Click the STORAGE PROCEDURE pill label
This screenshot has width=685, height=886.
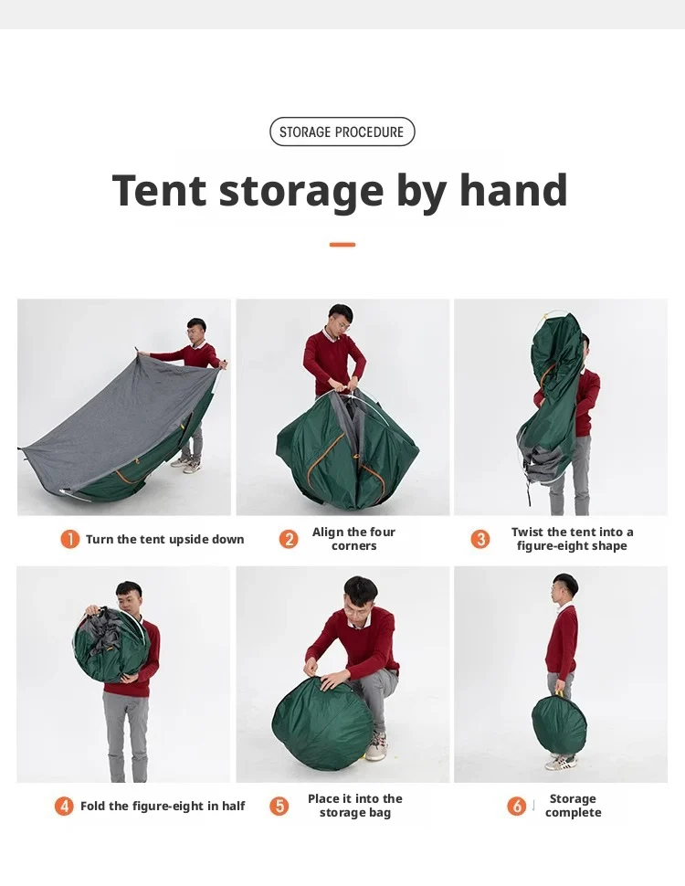[x=342, y=132]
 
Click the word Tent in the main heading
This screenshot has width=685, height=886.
[x=159, y=190]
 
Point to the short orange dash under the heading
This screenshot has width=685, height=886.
[x=342, y=245]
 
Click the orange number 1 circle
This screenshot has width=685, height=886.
[x=69, y=539]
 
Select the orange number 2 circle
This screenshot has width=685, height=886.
[x=289, y=539]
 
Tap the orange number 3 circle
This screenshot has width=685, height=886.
[x=480, y=539]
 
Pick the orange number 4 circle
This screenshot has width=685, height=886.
[x=64, y=806]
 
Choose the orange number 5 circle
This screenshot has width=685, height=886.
[x=279, y=806]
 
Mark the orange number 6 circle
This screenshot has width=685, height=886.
[x=516, y=806]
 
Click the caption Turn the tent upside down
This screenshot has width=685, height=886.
[x=165, y=539]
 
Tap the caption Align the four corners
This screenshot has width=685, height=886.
[x=353, y=539]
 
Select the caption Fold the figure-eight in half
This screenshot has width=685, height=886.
[x=163, y=806]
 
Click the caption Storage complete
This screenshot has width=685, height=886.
[x=573, y=806]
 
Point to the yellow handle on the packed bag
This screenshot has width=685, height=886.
[x=559, y=693]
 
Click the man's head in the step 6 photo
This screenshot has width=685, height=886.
[x=564, y=589]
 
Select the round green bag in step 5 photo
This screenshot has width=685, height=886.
[x=322, y=715]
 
